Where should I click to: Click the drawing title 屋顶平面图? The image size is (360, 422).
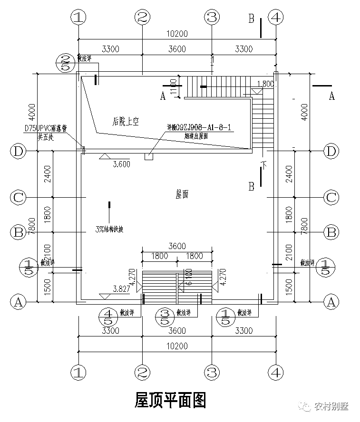[x=171, y=401]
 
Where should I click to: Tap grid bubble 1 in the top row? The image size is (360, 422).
[x=78, y=18]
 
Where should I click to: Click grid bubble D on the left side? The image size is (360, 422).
[x=18, y=151]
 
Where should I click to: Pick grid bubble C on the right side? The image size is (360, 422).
[x=331, y=197]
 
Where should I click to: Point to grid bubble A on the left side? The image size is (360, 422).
[x=18, y=301]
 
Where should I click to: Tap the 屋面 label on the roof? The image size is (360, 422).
[x=182, y=194]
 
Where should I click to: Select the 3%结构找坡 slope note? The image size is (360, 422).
[x=109, y=229]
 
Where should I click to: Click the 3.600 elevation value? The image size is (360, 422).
[x=121, y=164]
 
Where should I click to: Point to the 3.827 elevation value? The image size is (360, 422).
[x=122, y=289]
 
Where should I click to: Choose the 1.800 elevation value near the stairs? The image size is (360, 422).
[x=265, y=84]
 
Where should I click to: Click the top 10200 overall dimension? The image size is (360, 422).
[x=177, y=34]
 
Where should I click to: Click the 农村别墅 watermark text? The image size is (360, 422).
[x=331, y=406]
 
